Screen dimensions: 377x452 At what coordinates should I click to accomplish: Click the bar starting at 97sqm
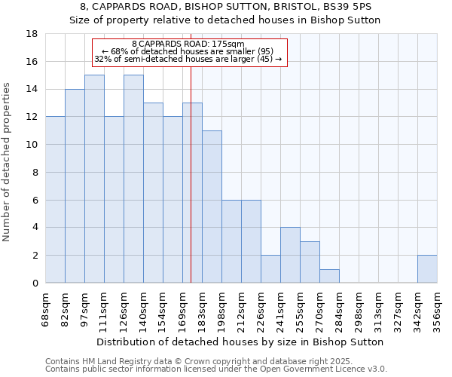(94, 179)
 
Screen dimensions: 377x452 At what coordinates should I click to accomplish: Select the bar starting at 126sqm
(133, 179)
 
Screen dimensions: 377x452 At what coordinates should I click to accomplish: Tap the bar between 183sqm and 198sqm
(212, 207)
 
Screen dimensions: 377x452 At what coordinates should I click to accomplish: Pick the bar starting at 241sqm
(290, 255)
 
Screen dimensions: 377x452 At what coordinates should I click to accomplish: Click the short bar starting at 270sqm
(329, 276)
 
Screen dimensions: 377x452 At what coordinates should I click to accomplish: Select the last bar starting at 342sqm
(427, 269)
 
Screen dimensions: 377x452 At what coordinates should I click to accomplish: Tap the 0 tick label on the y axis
(35, 284)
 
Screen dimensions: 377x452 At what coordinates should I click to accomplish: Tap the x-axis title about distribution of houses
(241, 342)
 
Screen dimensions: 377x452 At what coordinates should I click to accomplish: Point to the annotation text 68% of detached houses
(192, 51)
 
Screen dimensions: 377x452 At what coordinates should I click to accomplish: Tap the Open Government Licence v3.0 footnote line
(216, 369)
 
